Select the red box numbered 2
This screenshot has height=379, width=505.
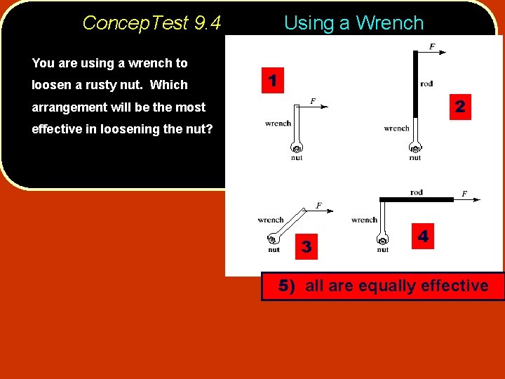(x=459, y=107)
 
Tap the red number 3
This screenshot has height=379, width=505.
(x=306, y=246)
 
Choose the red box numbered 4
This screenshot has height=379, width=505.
(x=423, y=237)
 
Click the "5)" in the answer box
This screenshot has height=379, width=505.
(x=288, y=286)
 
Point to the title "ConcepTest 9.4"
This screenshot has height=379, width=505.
(x=151, y=23)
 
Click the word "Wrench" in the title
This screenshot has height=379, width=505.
(x=390, y=23)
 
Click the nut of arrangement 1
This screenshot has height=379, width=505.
(x=297, y=149)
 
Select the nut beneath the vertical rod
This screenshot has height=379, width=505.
(x=415, y=149)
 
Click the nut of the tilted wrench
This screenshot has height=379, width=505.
(x=273, y=240)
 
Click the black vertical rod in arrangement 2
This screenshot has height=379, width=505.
(x=415, y=84)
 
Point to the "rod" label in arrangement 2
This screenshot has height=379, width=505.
(x=426, y=84)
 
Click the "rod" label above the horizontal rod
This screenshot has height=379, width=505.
(x=416, y=192)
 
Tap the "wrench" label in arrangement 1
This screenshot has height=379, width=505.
(x=278, y=124)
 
